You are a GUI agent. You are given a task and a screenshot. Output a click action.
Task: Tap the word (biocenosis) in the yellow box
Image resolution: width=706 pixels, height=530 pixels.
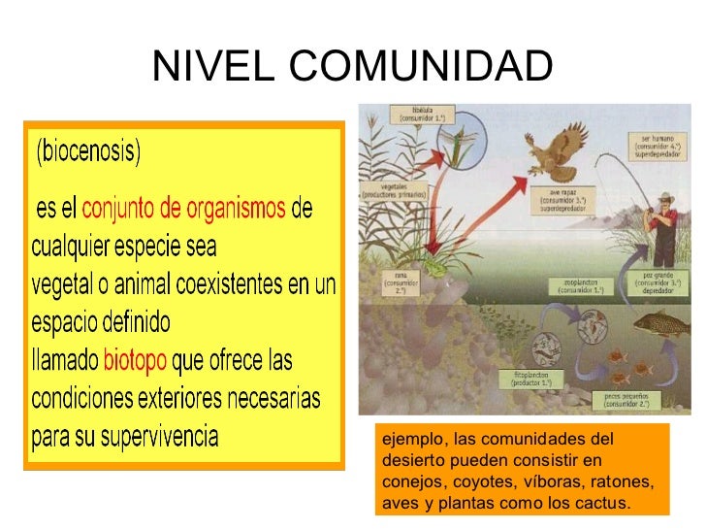88,153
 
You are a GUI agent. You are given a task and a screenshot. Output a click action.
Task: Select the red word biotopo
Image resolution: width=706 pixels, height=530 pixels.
135,361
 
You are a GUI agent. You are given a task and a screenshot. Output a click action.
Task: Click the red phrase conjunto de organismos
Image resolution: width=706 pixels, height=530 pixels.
184,210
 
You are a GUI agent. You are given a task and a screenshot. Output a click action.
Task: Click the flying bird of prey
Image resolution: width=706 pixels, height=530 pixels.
551,155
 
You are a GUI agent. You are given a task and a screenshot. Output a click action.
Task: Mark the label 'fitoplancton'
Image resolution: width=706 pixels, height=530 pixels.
529,373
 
